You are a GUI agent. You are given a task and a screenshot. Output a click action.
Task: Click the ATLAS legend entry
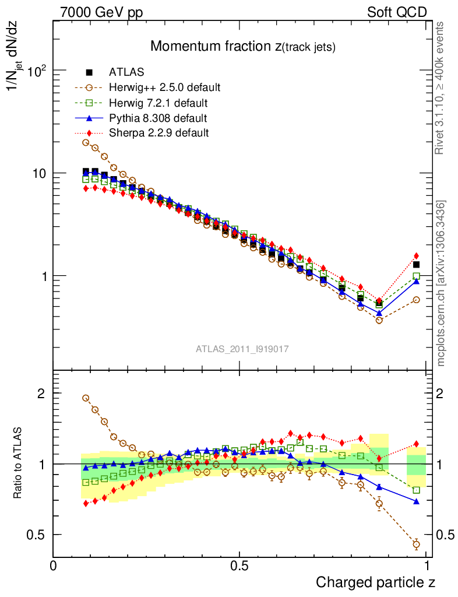pyautogui.click(x=126, y=72)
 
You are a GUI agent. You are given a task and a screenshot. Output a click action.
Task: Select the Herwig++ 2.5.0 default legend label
pyautogui.click(x=164, y=87)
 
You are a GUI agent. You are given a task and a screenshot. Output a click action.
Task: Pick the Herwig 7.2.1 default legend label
pyautogui.click(x=158, y=103)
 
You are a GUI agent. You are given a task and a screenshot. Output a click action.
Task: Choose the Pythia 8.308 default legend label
pyautogui.click(x=158, y=118)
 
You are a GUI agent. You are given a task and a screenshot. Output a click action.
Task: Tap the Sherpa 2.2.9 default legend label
pyautogui.click(x=158, y=133)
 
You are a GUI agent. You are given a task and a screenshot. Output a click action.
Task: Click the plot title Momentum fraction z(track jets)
pyautogui.click(x=243, y=47)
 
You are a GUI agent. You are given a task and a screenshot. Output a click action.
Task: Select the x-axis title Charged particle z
pyautogui.click(x=375, y=582)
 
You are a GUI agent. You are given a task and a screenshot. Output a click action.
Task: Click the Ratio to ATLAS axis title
pyautogui.click(x=19, y=463)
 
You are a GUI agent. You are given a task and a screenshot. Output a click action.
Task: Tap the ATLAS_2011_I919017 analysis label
pyautogui.click(x=242, y=349)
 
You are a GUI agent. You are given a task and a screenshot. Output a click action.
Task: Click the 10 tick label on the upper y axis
pyautogui.click(x=38, y=174)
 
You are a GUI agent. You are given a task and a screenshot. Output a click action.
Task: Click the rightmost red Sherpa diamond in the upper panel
pyautogui.click(x=416, y=255)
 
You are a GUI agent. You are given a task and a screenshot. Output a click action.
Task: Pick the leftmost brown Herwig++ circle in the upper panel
pyautogui.click(x=86, y=142)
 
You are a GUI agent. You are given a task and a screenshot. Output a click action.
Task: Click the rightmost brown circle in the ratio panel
pyautogui.click(x=416, y=545)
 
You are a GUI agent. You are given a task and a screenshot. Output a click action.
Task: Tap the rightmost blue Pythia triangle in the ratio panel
pyautogui.click(x=416, y=501)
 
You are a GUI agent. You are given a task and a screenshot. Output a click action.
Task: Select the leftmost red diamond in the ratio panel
pyautogui.click(x=86, y=503)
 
